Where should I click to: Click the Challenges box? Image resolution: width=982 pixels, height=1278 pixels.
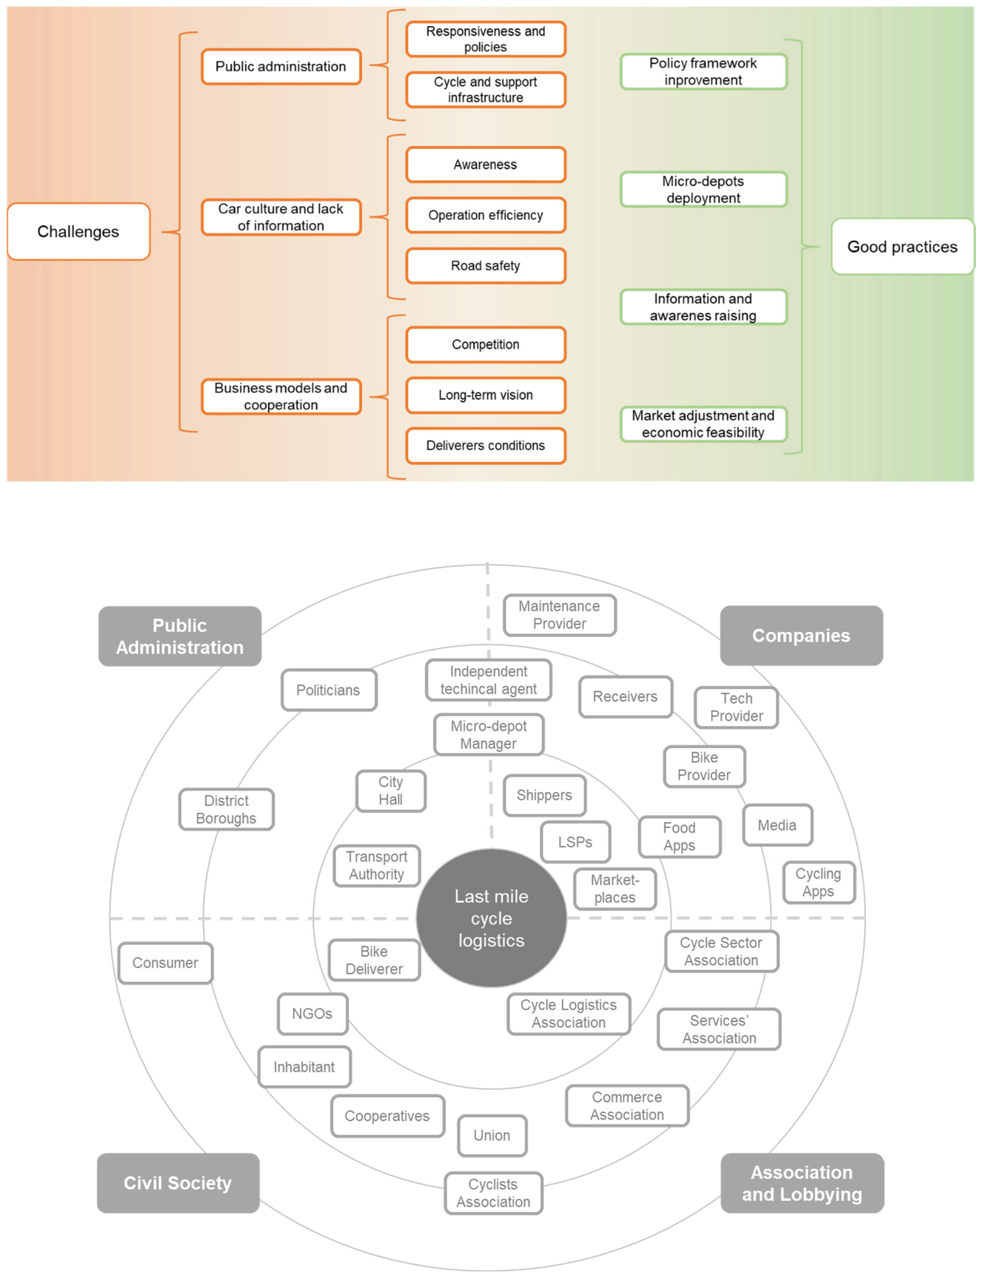coord(78,231)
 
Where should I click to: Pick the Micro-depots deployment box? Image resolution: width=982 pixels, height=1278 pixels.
coord(703,189)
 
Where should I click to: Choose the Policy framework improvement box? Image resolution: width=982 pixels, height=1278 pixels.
coord(703,71)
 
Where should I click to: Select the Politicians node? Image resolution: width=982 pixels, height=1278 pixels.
coord(328,690)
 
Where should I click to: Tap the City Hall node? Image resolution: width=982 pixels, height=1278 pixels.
coord(390,791)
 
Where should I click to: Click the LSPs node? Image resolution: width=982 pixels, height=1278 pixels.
coord(575,842)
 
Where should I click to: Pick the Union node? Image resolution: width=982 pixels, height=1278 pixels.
coord(492,1135)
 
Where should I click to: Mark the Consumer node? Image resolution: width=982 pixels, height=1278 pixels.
coord(165,962)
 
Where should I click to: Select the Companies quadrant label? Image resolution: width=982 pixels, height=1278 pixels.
coord(801,635)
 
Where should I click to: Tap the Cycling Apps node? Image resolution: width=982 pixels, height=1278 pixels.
coord(818,882)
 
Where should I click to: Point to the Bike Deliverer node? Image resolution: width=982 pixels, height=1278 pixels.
coord(374,960)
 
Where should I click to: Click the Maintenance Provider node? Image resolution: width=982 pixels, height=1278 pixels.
coord(559,615)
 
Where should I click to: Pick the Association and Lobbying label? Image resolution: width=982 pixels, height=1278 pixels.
coord(802,1183)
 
